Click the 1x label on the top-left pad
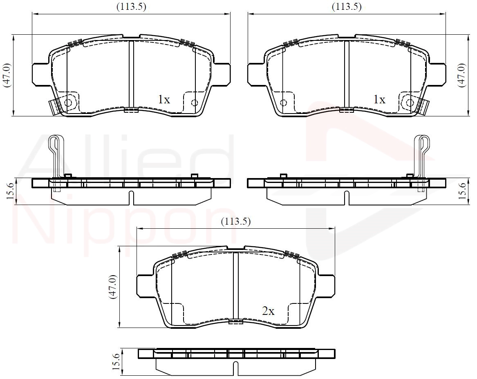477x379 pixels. point(164,99)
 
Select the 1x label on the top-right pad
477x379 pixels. point(379,99)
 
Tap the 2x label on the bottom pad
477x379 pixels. point(268,311)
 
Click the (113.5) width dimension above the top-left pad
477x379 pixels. point(132,7)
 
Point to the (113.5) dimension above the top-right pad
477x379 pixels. point(347,7)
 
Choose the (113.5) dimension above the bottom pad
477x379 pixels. point(236,221)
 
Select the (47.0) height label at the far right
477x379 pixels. point(462,76)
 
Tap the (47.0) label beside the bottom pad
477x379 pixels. point(113,287)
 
